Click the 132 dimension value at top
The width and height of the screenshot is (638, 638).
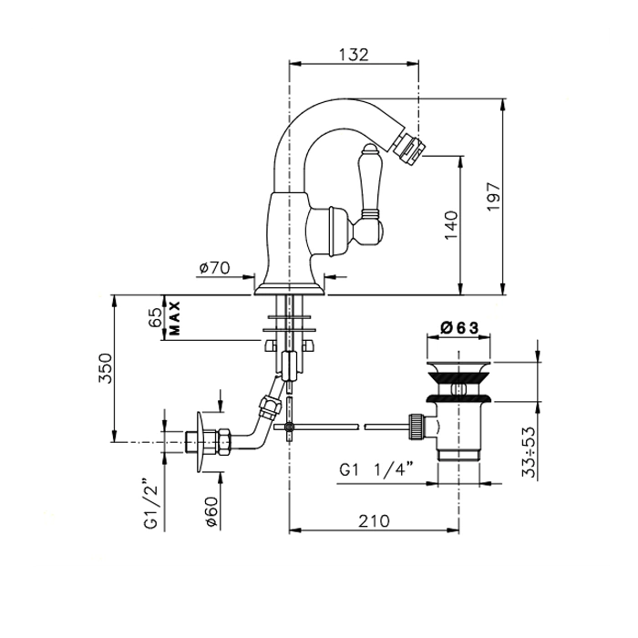pyautogui.click(x=354, y=55)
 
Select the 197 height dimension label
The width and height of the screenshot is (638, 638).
pyautogui.click(x=494, y=197)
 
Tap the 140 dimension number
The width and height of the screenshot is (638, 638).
pyautogui.click(x=451, y=225)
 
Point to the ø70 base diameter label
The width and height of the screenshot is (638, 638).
pyautogui.click(x=214, y=268)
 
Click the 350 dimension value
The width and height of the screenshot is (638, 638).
pyautogui.click(x=105, y=368)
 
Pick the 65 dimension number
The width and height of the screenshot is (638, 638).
pyautogui.click(x=155, y=317)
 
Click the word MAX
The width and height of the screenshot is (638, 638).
pyautogui.click(x=174, y=318)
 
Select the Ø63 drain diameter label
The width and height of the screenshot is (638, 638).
pyautogui.click(x=459, y=327)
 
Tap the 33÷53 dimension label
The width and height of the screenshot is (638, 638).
pyautogui.click(x=529, y=452)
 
